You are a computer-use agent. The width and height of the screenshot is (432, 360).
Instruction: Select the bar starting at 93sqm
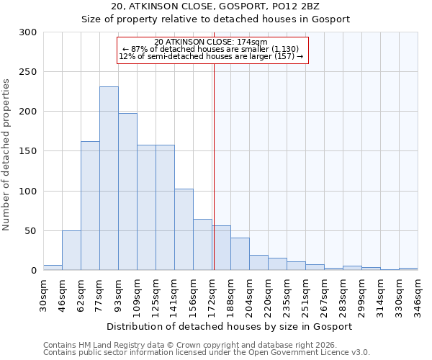pyautogui.click(x=127, y=192)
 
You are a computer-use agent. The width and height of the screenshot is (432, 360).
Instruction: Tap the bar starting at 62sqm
pyautogui.click(x=90, y=206)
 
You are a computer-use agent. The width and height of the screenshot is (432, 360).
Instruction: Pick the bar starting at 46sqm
pyautogui.click(x=71, y=251)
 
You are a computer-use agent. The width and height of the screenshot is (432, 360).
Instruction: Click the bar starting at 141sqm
pyautogui.click(x=184, y=230)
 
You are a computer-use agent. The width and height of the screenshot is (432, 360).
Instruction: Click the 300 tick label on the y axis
pyautogui.click(x=28, y=32)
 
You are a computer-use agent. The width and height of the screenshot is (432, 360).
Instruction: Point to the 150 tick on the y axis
pyautogui.click(x=28, y=152)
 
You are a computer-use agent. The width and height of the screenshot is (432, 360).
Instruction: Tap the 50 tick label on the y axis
pyautogui.click(x=31, y=231)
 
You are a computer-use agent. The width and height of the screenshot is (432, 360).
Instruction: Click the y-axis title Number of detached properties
pyautogui.click(x=6, y=155)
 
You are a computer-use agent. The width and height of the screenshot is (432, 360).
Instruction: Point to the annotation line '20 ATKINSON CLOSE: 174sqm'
pyautogui.click(x=211, y=42)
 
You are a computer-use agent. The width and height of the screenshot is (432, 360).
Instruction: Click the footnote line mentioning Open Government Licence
pyautogui.click(x=207, y=352)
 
